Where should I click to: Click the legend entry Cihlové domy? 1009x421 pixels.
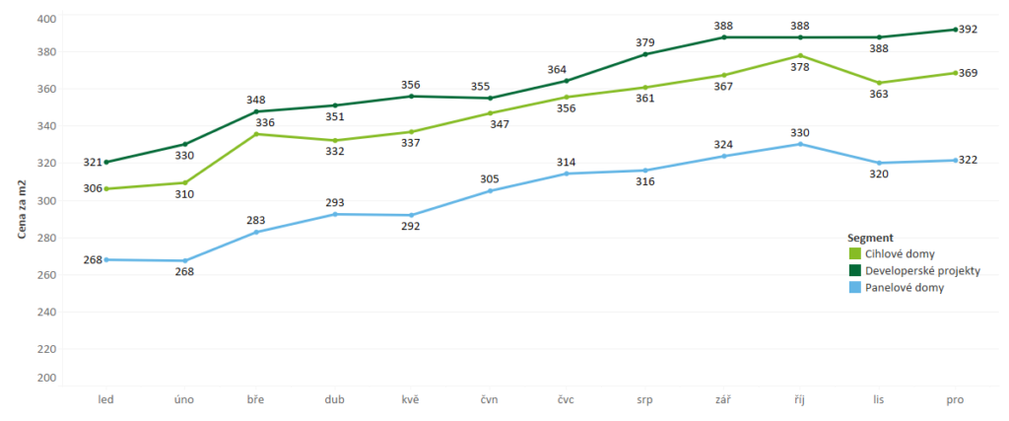point(901,254)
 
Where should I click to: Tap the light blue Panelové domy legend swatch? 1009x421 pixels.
point(854,288)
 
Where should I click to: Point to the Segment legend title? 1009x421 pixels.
point(870,238)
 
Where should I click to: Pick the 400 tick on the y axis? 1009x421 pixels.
point(45,19)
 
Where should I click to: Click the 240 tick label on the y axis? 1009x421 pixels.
point(45,312)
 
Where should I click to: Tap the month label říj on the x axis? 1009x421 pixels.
point(800,399)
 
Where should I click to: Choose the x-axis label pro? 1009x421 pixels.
point(954,399)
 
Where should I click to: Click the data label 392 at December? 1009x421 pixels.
point(968,30)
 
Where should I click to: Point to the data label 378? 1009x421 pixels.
point(800,67)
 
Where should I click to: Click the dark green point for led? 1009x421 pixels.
point(106,162)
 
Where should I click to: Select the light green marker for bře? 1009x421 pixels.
point(257,134)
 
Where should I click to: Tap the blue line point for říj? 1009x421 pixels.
point(800,144)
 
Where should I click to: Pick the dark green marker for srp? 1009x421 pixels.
point(645,54)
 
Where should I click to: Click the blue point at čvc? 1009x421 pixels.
point(567,174)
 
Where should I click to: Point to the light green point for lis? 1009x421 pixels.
point(878,83)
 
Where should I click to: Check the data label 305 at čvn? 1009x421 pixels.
point(490,178)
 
